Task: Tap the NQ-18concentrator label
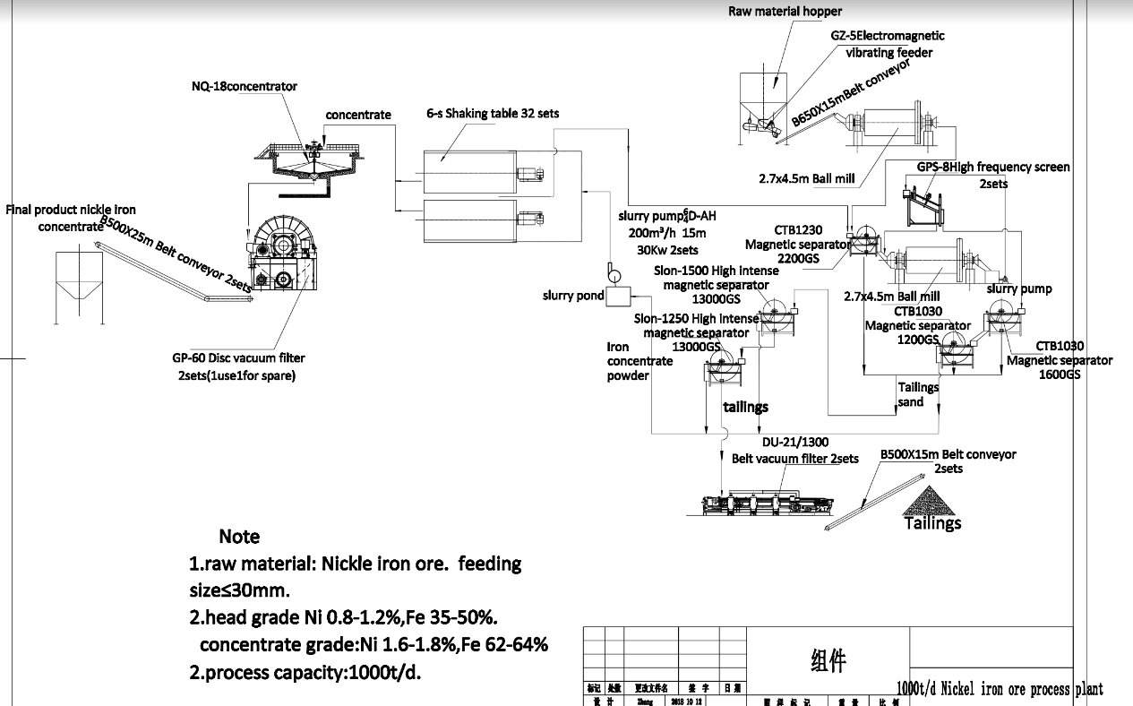244,87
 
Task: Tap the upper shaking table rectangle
469,168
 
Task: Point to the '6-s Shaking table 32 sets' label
493,114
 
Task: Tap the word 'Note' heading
239,537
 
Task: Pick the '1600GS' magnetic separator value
1058,375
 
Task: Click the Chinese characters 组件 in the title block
821,661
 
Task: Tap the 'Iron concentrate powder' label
639,361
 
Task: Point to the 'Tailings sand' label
918,395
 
